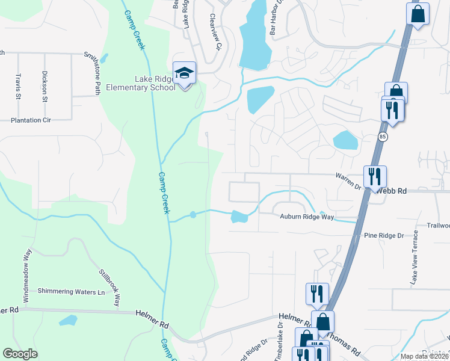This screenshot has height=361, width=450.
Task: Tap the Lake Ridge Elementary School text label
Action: point(141,83)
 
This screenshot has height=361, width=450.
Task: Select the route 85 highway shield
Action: point(383,137)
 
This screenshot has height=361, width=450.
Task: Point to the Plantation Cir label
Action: point(31,120)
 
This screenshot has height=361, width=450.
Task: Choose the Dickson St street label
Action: point(45,87)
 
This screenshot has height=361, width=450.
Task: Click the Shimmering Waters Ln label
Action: point(71,292)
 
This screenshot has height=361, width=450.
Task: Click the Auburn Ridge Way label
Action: point(306,216)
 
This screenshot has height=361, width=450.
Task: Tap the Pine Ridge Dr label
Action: point(384,235)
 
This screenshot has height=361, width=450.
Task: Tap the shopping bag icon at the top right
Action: point(418,13)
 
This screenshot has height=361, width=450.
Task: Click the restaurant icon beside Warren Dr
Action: point(374,176)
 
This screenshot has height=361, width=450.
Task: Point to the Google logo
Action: point(20,354)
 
